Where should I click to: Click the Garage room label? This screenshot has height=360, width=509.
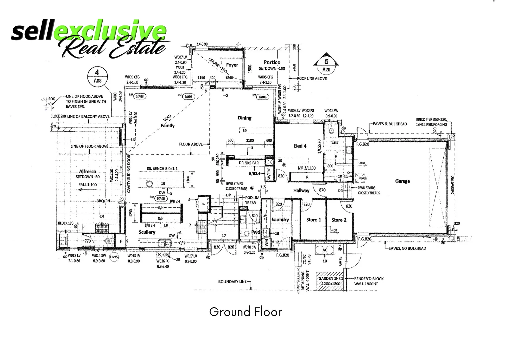(x=402, y=181)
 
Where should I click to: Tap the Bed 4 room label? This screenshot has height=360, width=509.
(x=300, y=146)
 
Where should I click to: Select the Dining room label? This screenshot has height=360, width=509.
(x=244, y=118)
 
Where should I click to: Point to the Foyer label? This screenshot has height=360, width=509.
(x=232, y=65)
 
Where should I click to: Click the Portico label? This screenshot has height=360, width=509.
(x=272, y=62)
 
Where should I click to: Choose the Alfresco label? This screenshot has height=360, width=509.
(x=87, y=171)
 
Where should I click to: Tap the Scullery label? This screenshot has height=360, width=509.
(x=147, y=232)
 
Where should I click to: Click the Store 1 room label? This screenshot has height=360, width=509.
(x=314, y=220)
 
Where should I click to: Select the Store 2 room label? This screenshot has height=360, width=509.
(x=339, y=220)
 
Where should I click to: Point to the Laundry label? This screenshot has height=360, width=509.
(x=280, y=220)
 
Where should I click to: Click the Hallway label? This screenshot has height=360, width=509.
(x=301, y=191)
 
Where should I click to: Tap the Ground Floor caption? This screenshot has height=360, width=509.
(x=246, y=312)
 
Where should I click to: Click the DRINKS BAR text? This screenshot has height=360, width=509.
(x=249, y=163)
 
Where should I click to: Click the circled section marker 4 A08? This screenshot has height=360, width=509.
(x=97, y=76)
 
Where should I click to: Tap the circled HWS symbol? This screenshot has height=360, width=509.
(x=114, y=257)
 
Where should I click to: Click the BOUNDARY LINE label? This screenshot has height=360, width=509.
(x=232, y=282)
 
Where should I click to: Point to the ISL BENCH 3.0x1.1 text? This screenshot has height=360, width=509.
(x=162, y=169)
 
